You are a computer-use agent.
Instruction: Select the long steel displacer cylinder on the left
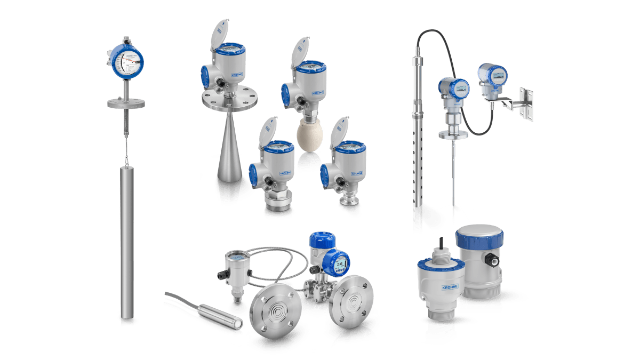(x=128, y=240)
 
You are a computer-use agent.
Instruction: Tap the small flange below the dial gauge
(x=126, y=103)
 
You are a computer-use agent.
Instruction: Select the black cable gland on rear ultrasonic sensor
(x=492, y=262)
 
